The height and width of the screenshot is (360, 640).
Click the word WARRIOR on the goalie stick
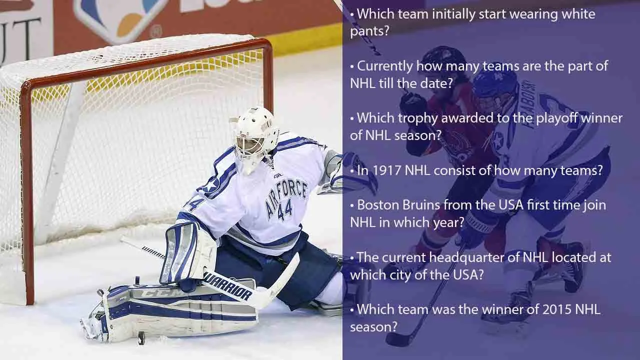228,285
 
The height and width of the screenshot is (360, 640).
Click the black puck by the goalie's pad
141,338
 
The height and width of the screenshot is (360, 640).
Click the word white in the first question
577,13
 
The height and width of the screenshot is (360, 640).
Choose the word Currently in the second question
385,66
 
